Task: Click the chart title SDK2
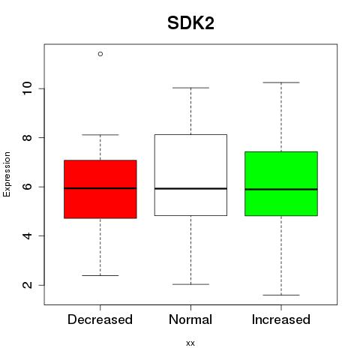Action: tap(190, 23)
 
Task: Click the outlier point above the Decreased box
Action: tap(100, 54)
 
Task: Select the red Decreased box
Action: tap(100, 189)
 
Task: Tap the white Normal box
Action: tap(190, 175)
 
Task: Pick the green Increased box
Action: tap(281, 184)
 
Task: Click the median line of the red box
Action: tap(100, 188)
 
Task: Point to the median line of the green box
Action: tap(281, 189)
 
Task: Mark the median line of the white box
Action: tap(190, 188)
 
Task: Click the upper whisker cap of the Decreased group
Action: tap(100, 135)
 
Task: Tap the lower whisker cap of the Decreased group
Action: tap(100, 275)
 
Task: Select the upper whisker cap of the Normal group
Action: tap(190, 88)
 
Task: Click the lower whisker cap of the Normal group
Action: tap(190, 284)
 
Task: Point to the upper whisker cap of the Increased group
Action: tap(281, 82)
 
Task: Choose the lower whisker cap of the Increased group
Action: tap(281, 295)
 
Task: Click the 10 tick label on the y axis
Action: tap(27, 88)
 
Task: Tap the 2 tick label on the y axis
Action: tap(27, 285)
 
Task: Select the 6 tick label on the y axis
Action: tap(27, 187)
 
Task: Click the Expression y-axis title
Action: tap(7, 174)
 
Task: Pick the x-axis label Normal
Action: tap(190, 319)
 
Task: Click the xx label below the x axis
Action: tap(190, 343)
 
